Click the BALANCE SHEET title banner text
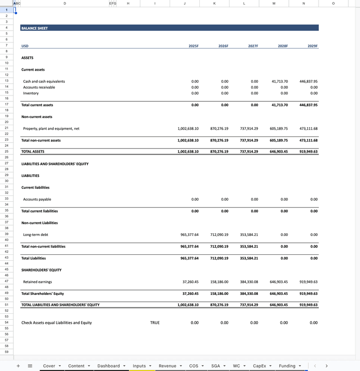[x=35, y=28]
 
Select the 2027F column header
[x=253, y=46]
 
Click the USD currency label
[x=25, y=46]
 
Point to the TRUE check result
[x=155, y=323]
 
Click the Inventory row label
[x=31, y=93]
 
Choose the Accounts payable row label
[x=37, y=199]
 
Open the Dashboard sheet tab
[x=109, y=366]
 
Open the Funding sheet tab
[x=287, y=366]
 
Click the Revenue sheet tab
[x=167, y=366]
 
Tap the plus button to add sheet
[x=18, y=366]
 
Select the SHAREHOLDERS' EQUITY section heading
[x=41, y=270]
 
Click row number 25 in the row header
[x=7, y=152]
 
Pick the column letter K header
[x=214, y=4]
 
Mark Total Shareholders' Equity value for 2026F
[x=219, y=294]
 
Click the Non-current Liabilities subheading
[x=40, y=223]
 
